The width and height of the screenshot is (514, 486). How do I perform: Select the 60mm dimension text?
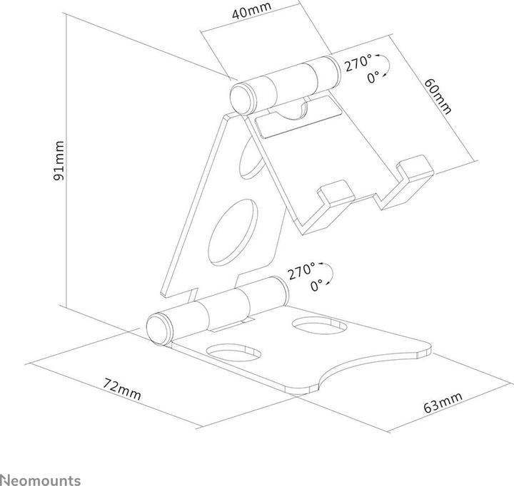[x=438, y=97]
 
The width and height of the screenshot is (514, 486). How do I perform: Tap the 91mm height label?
[x=59, y=160]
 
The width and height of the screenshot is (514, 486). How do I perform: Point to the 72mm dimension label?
[x=122, y=389]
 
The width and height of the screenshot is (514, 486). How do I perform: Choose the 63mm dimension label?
[x=443, y=402]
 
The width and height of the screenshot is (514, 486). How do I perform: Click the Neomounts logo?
[x=40, y=480]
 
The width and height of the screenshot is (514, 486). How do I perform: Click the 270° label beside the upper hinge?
[x=358, y=63]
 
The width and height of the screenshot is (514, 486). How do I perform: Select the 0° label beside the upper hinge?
[x=373, y=77]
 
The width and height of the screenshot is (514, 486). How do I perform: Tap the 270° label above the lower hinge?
[x=301, y=271]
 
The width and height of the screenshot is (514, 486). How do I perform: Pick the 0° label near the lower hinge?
[x=316, y=285]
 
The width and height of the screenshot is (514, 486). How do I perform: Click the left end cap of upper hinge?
[x=241, y=98]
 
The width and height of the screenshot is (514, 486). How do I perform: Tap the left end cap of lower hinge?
[x=158, y=329]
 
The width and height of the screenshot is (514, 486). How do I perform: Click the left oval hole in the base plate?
[x=233, y=352]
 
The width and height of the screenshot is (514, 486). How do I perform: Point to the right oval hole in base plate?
[x=320, y=326]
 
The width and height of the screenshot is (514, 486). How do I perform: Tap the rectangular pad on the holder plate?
[x=298, y=117]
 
